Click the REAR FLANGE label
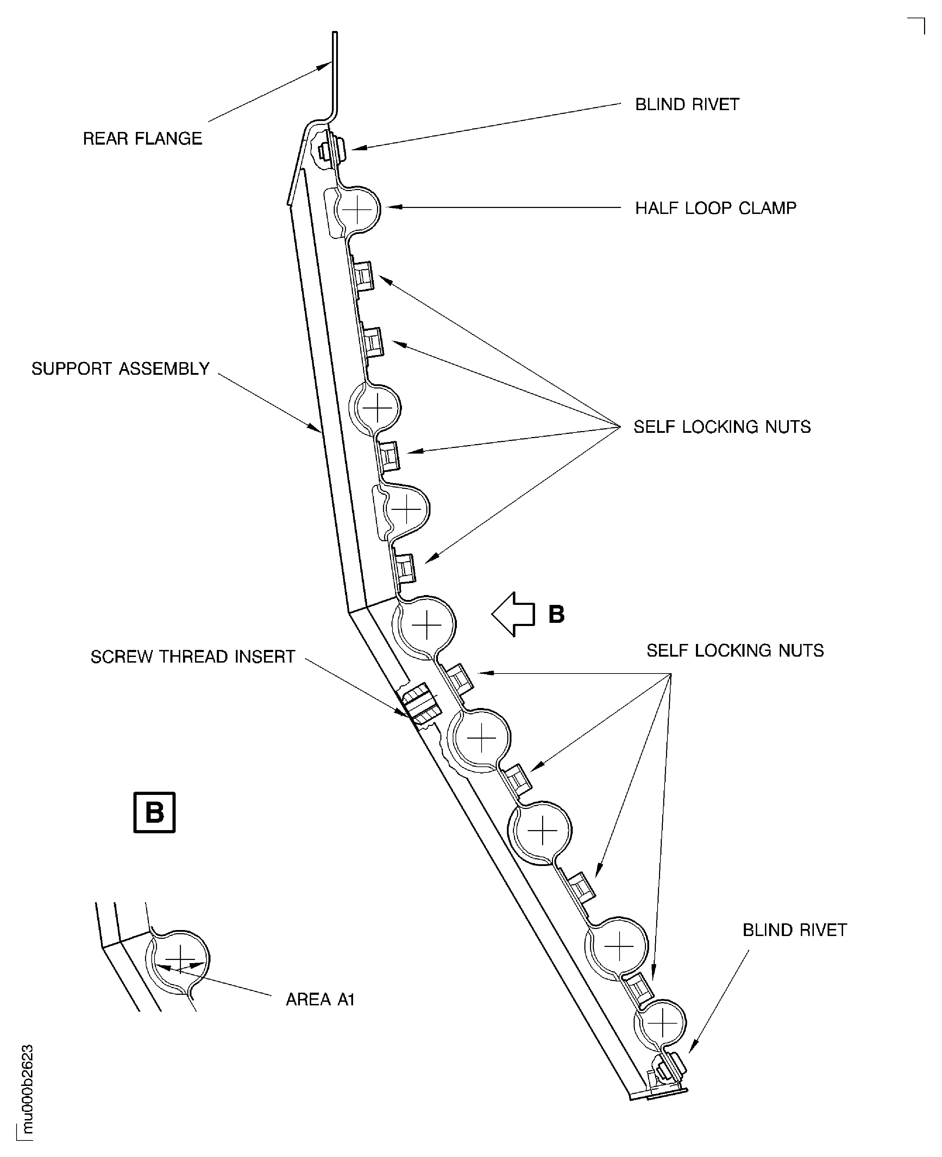point(142,139)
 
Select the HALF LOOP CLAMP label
point(715,208)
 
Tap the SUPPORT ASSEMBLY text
point(120,369)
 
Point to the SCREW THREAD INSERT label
point(193,657)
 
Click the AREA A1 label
point(320,999)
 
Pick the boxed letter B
point(155,813)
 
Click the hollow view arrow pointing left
point(513,614)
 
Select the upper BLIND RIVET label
point(687,105)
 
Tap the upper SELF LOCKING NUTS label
point(722,427)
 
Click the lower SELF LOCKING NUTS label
point(735,650)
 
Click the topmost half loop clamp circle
point(357,209)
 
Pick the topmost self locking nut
point(364,276)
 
